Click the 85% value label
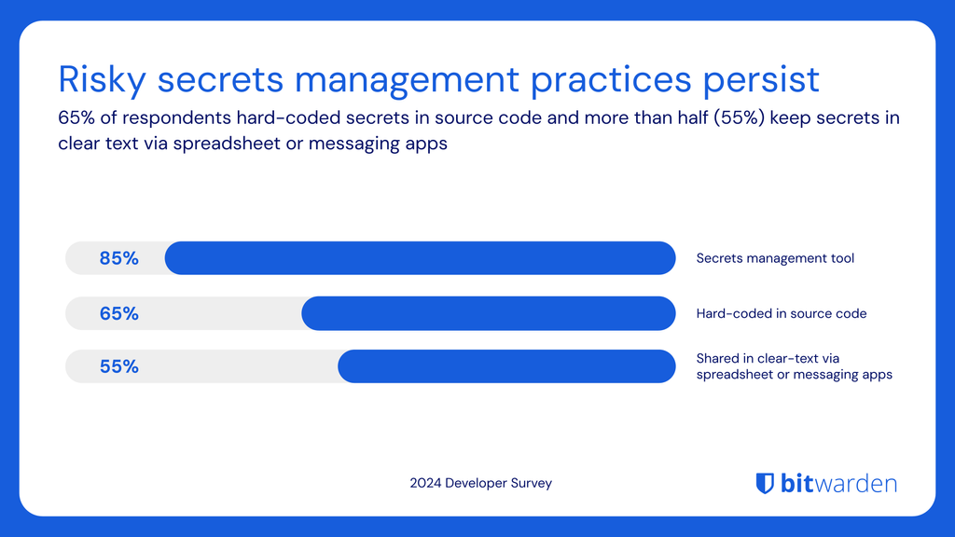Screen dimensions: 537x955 (x=119, y=258)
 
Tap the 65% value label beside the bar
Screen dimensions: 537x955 (x=119, y=313)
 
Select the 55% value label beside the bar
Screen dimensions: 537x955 (x=119, y=366)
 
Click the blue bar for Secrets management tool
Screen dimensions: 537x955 (x=420, y=258)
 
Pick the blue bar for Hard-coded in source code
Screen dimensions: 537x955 (x=488, y=313)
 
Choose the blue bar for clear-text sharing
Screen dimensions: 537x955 (x=506, y=366)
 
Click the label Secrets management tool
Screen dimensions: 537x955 (x=775, y=258)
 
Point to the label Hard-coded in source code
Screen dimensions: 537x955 (x=782, y=313)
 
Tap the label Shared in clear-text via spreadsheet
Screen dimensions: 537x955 (x=794, y=366)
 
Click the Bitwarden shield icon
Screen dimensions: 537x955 (x=764, y=483)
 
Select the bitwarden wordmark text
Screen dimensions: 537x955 (x=837, y=483)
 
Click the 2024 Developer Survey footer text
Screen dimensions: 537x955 (x=480, y=483)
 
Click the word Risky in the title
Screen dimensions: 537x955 (x=102, y=80)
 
